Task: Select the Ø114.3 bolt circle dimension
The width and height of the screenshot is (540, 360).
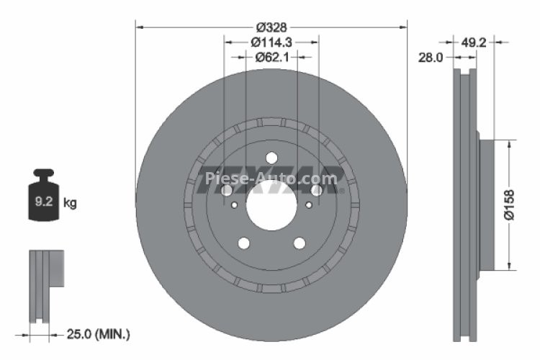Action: [271, 42]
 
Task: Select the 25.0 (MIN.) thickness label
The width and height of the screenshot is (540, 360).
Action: [98, 334]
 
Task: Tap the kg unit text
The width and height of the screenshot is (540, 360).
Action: [70, 204]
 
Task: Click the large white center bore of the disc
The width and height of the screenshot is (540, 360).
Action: [271, 204]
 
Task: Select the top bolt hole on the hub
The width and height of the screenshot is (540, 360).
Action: [271, 158]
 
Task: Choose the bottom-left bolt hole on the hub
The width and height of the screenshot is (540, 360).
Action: [243, 243]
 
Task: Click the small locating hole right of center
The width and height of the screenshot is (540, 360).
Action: [309, 205]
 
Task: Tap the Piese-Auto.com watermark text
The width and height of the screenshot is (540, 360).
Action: [271, 179]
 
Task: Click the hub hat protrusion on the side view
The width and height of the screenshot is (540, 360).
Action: [487, 204]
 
